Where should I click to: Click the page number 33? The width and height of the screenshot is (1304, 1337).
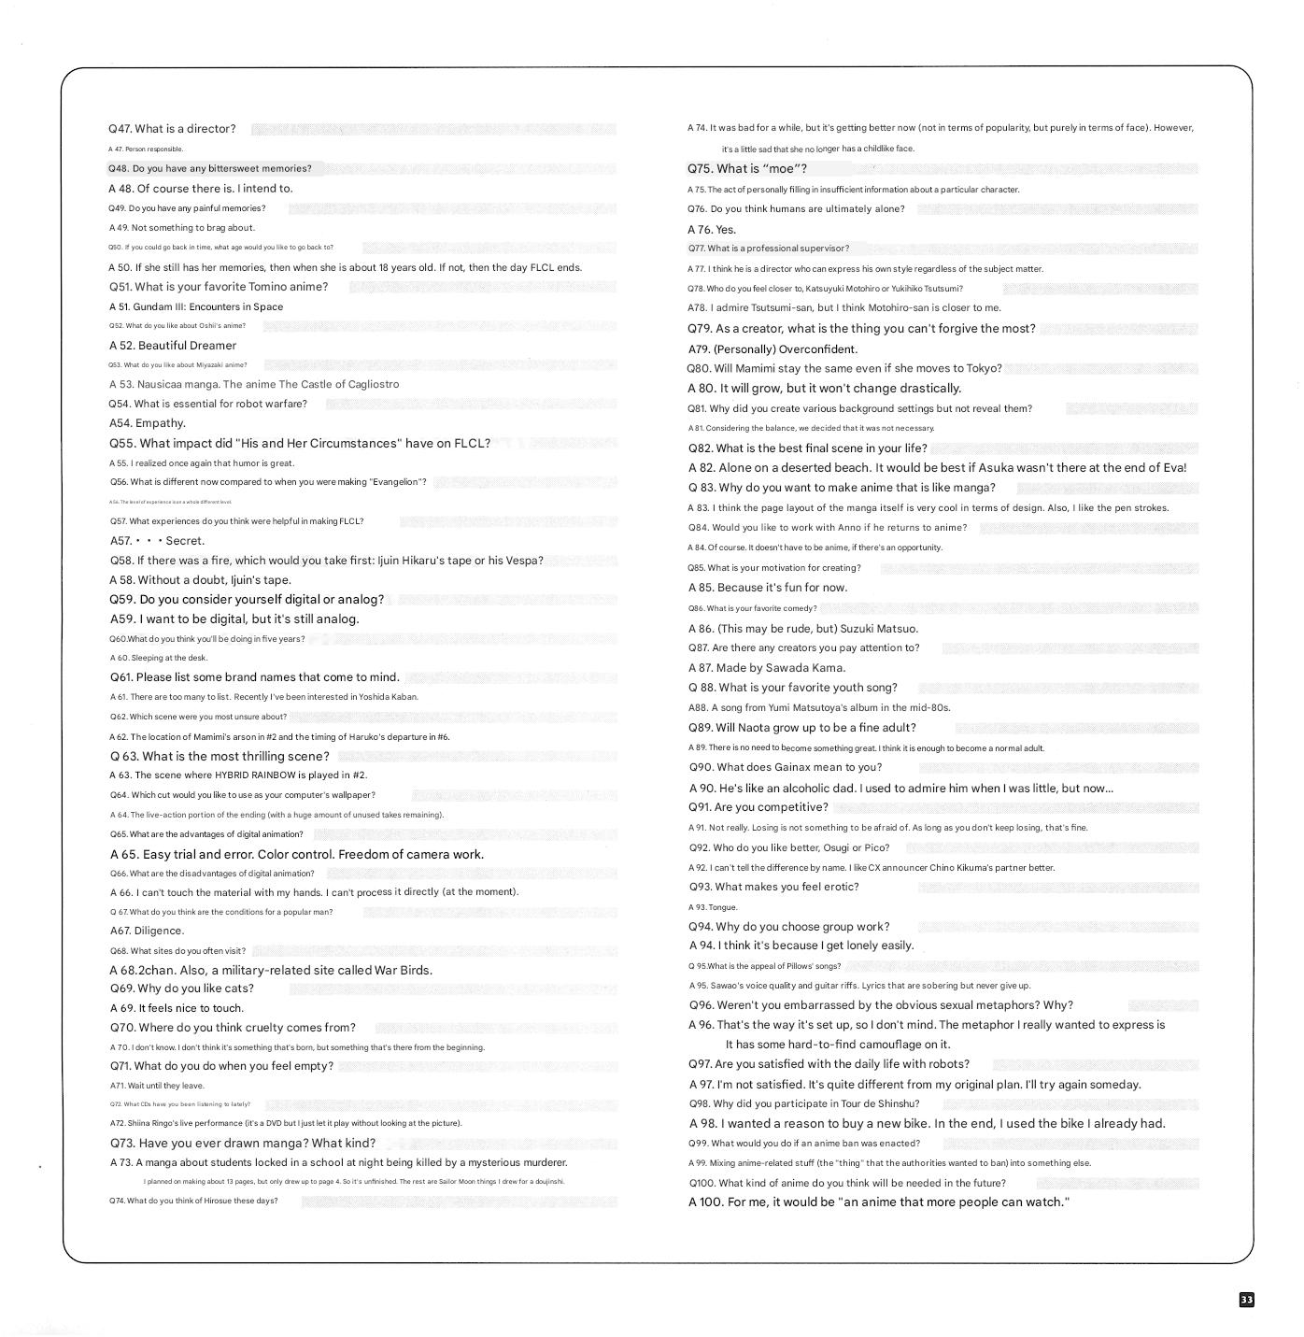pos(1246,1300)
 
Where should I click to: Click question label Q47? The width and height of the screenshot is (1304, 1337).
pos(120,129)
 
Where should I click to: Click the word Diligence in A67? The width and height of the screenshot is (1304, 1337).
pos(160,931)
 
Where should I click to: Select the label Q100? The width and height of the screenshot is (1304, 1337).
pos(702,1183)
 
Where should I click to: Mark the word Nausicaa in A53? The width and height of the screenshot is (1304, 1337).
pos(164,384)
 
